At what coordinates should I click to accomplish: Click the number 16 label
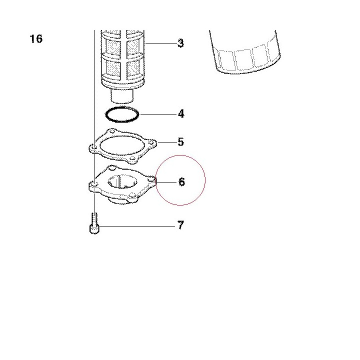click(x=36, y=38)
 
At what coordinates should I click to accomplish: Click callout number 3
click(x=181, y=43)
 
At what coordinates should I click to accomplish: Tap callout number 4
click(x=181, y=114)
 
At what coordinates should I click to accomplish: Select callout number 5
click(x=181, y=142)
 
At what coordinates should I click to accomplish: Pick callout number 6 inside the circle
click(x=181, y=182)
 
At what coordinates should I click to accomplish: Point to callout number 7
click(x=180, y=225)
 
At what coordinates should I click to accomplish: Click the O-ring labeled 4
click(x=122, y=114)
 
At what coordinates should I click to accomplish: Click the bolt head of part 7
click(x=94, y=229)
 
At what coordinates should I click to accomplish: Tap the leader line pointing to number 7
click(x=137, y=226)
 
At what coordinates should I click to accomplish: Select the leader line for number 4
click(x=158, y=114)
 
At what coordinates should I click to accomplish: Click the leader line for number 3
click(x=161, y=43)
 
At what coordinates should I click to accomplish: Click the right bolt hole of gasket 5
click(x=151, y=143)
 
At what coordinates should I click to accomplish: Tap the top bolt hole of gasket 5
click(x=112, y=131)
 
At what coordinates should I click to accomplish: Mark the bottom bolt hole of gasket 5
click(x=132, y=158)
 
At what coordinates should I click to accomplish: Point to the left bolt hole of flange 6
click(x=94, y=184)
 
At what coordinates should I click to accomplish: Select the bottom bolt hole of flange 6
click(x=132, y=196)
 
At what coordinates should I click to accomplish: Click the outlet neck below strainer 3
click(x=122, y=96)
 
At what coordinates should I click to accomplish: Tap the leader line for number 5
click(x=167, y=142)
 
